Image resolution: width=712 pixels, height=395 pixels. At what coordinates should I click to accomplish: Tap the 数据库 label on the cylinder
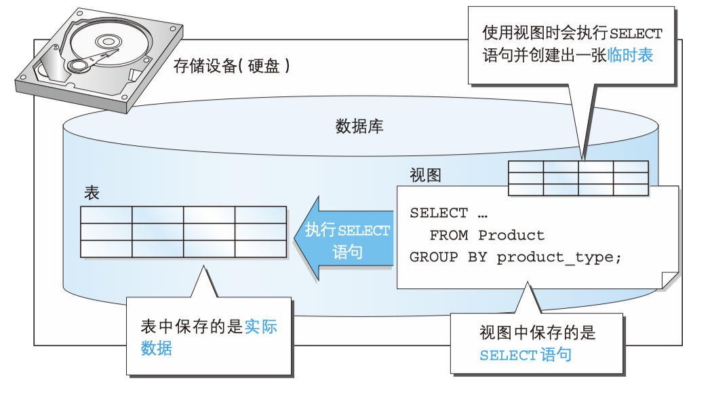(359, 126)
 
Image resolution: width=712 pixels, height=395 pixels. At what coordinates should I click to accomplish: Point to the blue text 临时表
(631, 56)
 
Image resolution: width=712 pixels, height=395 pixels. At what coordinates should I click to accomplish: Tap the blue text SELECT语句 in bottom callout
(525, 354)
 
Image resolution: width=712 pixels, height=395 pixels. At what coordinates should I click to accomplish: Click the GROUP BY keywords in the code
(448, 257)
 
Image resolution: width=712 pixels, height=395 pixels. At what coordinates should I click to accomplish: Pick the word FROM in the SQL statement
(449, 236)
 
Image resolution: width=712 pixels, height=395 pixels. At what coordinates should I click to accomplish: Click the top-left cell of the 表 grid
(106, 214)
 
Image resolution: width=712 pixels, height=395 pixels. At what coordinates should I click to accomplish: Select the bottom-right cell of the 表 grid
(260, 248)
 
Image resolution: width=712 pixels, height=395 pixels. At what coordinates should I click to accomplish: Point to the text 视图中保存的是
(537, 333)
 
